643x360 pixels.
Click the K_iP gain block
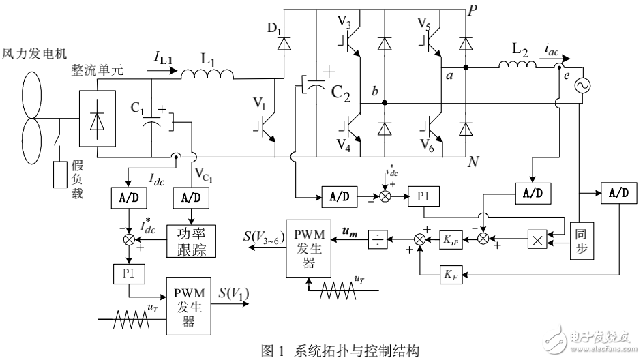tap(453, 239)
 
